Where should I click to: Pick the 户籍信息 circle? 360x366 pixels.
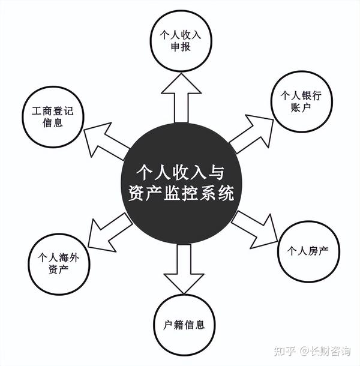point(184,325)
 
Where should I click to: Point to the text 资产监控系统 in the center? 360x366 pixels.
point(181,194)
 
